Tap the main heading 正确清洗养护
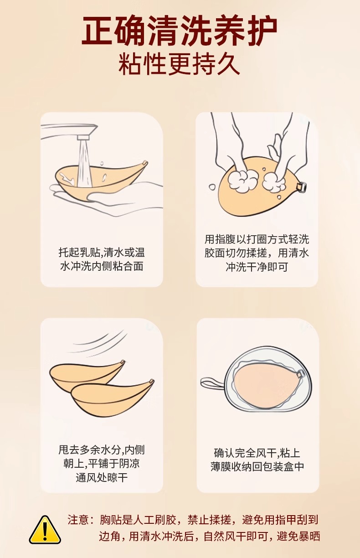click(180, 31)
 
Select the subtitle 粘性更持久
click(180, 64)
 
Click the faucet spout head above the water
click(83, 138)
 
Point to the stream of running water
click(84, 163)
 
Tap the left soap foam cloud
click(243, 179)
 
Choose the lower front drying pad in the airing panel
click(112, 398)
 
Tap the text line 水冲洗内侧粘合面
click(102, 266)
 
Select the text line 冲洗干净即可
click(257, 267)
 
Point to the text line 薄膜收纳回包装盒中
click(257, 467)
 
